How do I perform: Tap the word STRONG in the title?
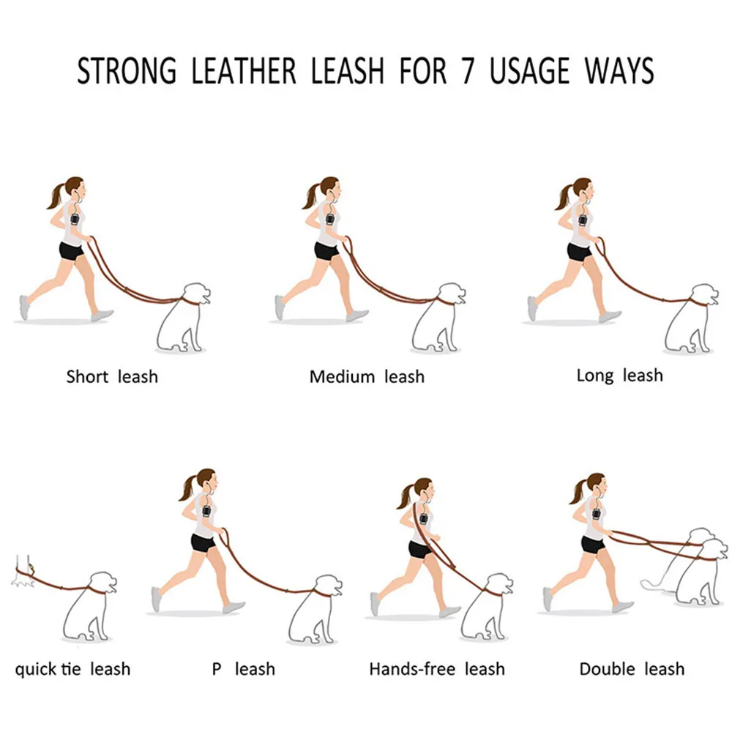point(127,71)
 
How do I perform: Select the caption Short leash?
point(111,377)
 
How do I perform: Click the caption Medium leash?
point(366,377)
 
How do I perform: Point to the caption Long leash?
point(619,376)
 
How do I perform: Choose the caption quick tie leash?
point(72,668)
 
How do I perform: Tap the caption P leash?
point(244,668)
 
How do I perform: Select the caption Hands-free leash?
point(436,668)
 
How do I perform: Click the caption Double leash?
point(632,668)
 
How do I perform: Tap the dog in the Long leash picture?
point(690,318)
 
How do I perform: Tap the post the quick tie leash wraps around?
point(23,567)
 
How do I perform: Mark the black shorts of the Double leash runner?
point(593,544)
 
